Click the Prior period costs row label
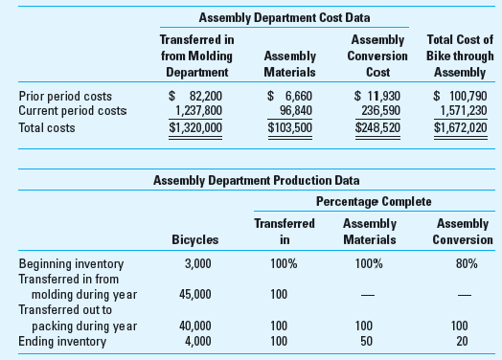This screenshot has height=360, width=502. click(65, 96)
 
